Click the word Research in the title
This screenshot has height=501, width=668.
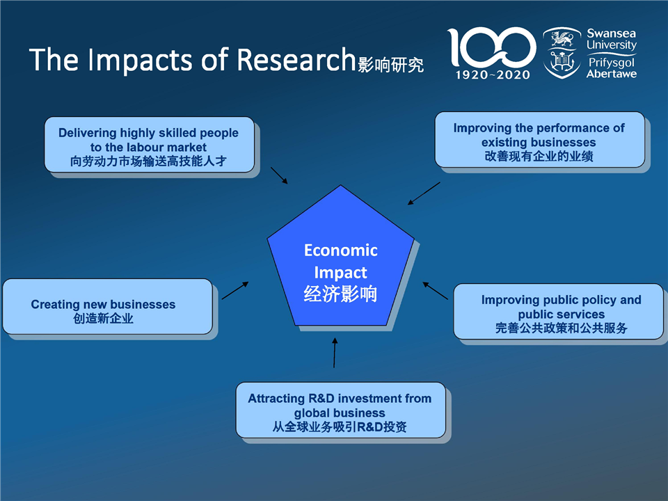[296, 60]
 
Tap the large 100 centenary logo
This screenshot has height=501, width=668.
[491, 47]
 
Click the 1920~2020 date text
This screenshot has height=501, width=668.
[493, 75]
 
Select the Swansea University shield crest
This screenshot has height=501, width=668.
[562, 53]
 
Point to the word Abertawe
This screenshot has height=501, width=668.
[612, 74]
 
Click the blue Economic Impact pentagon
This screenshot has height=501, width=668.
[340, 255]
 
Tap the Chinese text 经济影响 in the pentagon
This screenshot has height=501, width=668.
[340, 294]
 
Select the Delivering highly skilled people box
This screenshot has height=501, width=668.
[150, 145]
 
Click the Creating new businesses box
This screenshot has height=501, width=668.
[107, 306]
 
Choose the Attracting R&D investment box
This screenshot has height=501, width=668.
[340, 410]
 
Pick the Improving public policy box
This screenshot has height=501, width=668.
[558, 312]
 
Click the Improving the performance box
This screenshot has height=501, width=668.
[540, 140]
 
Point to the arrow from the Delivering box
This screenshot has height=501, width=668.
[280, 175]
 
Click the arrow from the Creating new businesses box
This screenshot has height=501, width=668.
[235, 291]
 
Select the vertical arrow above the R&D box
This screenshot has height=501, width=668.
[335, 353]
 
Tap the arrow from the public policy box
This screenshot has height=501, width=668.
[435, 291]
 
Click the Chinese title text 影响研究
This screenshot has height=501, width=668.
[390, 65]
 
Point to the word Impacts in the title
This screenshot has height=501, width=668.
[140, 61]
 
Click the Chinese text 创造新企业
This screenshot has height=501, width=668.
[103, 319]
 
